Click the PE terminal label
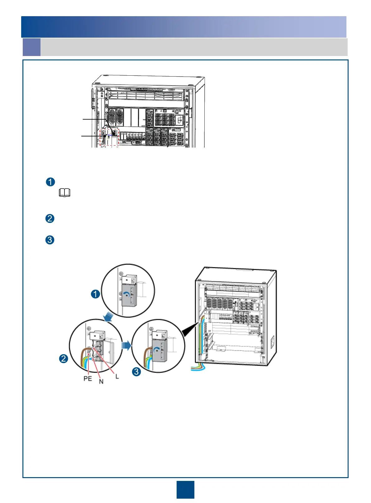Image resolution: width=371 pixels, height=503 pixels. click(x=88, y=378)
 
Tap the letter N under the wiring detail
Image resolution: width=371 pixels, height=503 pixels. click(x=101, y=382)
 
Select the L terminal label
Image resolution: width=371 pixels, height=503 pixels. click(x=117, y=376)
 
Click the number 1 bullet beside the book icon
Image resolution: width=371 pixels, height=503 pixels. click(x=50, y=182)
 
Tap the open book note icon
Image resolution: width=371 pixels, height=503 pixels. click(x=64, y=193)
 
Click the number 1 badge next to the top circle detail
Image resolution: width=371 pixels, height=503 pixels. click(x=96, y=294)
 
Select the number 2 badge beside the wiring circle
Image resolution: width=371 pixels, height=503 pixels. click(x=64, y=359)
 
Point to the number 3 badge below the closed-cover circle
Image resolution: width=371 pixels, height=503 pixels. click(x=136, y=371)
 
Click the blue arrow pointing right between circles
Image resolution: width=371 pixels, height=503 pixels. click(x=126, y=345)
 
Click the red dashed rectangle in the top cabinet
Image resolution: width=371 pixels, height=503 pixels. click(x=109, y=137)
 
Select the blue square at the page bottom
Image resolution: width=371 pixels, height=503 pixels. click(x=185, y=490)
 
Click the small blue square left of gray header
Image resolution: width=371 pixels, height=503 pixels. click(x=31, y=47)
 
